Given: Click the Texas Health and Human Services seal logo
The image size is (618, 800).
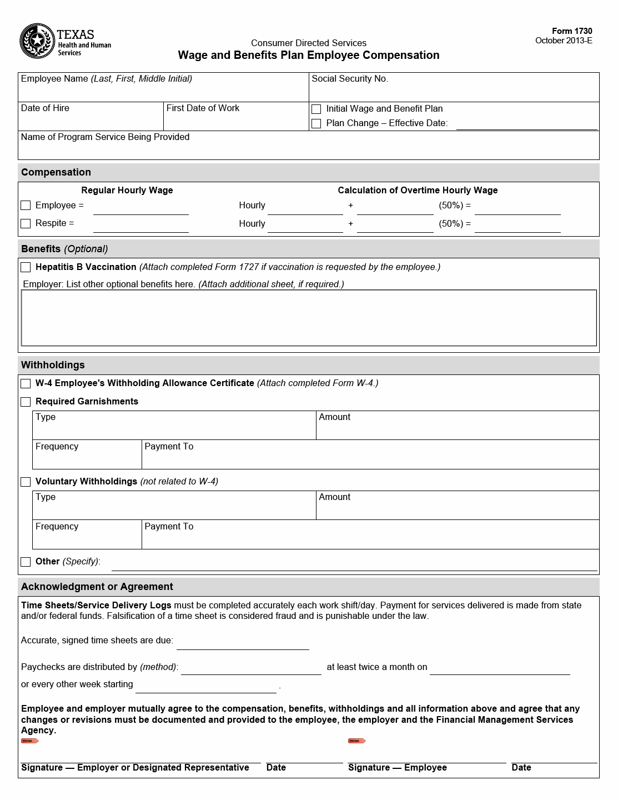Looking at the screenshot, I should [x=38, y=41].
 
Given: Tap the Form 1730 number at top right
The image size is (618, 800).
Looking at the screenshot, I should [x=572, y=31].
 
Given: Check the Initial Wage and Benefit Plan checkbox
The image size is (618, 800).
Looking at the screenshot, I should [x=316, y=109].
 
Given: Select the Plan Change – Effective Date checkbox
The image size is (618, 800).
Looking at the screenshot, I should [x=316, y=123].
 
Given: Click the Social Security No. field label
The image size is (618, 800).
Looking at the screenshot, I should [x=350, y=79].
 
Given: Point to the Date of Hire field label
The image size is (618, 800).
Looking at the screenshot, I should [x=45, y=108].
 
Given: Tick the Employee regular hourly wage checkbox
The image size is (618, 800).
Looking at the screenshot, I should [x=26, y=206].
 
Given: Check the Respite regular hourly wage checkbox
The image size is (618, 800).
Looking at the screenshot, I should [x=26, y=223].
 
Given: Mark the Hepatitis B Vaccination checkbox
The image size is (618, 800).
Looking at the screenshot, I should [x=26, y=267].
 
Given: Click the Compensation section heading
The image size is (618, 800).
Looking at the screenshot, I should [x=56, y=172].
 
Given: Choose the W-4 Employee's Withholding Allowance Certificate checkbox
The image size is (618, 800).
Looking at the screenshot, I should [x=26, y=383].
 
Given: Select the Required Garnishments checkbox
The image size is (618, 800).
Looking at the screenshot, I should [x=26, y=402].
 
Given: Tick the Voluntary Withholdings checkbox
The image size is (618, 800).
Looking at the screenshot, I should [x=26, y=482].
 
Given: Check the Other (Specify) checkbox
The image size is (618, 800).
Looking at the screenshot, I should [x=26, y=562].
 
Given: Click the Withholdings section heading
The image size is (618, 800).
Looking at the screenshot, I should [x=53, y=365].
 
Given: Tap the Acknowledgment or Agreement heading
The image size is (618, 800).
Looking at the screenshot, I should [x=97, y=587].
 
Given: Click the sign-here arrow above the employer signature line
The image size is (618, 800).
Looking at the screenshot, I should [x=30, y=741].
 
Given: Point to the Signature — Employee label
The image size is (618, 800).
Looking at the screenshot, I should [x=398, y=768].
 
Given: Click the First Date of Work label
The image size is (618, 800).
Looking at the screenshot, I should [x=203, y=108].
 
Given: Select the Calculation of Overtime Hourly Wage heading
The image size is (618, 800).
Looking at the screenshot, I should [x=418, y=191].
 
